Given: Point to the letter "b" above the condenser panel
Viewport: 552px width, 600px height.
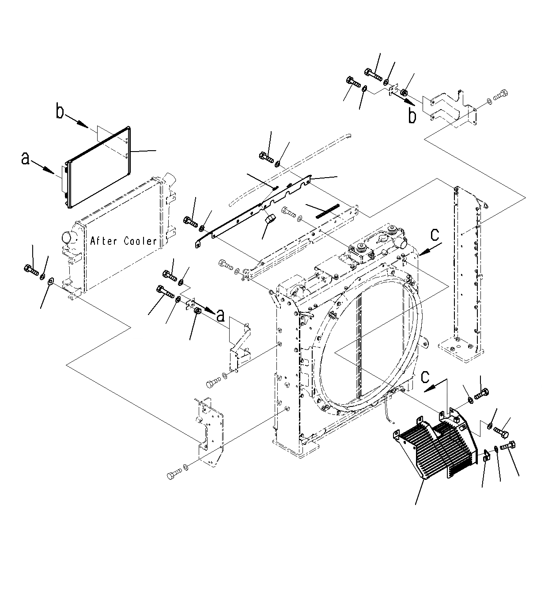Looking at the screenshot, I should (60, 112).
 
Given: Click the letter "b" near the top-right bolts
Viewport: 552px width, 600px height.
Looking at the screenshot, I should (412, 117).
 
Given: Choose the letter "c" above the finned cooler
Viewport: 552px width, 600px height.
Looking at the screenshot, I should (425, 377).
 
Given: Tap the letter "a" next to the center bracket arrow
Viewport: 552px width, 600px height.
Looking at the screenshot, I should (220, 315).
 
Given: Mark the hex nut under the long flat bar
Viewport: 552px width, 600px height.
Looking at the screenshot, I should (269, 219).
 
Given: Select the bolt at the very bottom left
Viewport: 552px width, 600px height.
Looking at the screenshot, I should (173, 475).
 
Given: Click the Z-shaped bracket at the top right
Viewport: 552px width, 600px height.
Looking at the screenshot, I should (448, 108).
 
